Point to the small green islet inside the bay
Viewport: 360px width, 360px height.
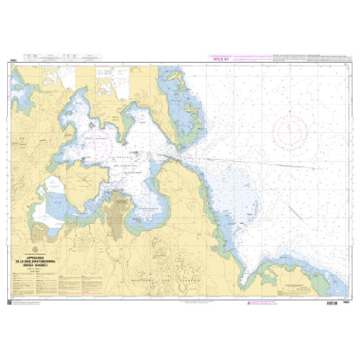(93, 124)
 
